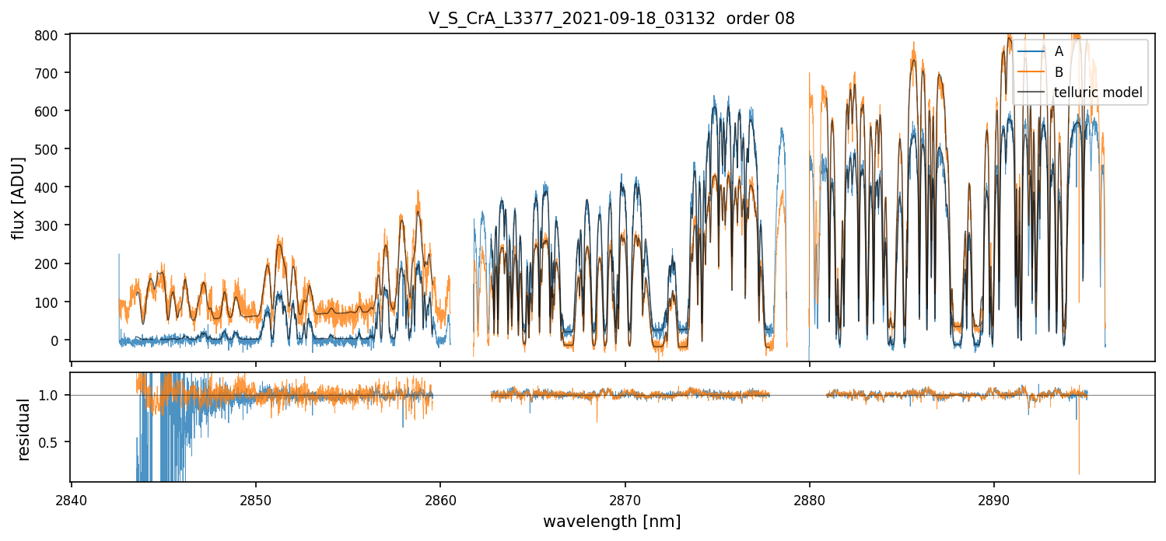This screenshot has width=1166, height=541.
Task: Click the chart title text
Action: [611, 19]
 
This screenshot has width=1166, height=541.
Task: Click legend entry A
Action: [1059, 52]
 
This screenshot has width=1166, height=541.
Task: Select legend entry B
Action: [1059, 72]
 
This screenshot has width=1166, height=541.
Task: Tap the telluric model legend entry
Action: [1098, 92]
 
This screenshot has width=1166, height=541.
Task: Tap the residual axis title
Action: [23, 429]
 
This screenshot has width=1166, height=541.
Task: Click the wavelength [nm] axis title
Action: [611, 522]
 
